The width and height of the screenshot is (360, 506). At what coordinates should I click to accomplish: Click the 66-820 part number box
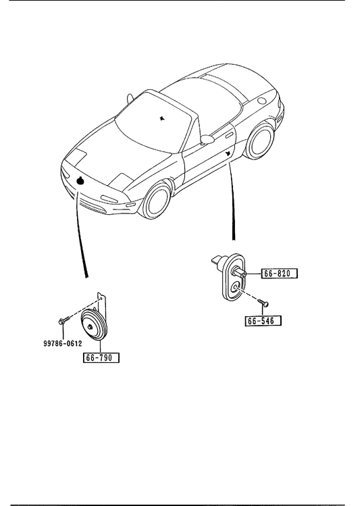tap(279, 274)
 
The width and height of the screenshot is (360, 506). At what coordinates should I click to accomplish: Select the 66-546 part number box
tap(263, 321)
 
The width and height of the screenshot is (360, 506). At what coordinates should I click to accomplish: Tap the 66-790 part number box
tap(101, 357)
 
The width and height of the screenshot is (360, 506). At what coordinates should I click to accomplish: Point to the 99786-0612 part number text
tap(63, 344)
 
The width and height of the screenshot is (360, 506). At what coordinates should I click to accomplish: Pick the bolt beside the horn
tap(64, 320)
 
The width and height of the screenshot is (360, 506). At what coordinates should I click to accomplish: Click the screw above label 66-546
tap(263, 303)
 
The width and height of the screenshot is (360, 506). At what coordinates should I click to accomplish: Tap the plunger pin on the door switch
tap(240, 273)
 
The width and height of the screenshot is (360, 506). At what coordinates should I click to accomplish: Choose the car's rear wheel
tap(259, 142)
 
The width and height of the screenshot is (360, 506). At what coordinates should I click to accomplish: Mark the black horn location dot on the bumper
tap(80, 181)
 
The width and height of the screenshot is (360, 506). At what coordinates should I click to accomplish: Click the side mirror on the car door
tap(207, 138)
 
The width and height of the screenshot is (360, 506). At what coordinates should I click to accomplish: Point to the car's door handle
tap(230, 135)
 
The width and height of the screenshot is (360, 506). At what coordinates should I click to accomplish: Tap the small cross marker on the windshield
tap(162, 118)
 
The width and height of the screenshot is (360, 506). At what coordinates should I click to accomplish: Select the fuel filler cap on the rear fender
tap(262, 100)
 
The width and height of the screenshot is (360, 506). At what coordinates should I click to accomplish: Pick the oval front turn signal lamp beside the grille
tap(109, 199)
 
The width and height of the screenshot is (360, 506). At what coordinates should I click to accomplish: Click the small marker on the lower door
tap(228, 153)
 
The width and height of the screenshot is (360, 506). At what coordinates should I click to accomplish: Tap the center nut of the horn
tap(90, 327)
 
